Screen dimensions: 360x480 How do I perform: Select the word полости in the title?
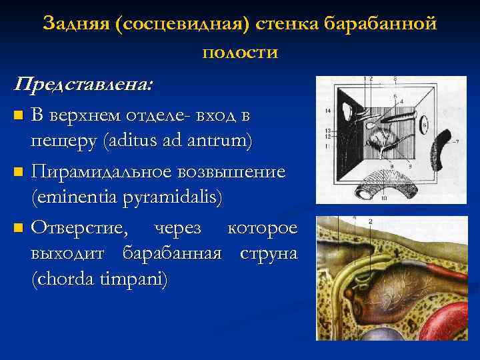pyautogui.click(x=239, y=51)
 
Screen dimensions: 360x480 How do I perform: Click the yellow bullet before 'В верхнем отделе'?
pyautogui.click(x=19, y=116)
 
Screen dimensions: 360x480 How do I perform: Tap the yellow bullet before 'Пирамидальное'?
pyautogui.click(x=19, y=173)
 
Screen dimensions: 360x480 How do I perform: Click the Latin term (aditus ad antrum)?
pyautogui.click(x=142, y=142)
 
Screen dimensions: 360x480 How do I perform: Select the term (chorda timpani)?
pyautogui.click(x=101, y=279)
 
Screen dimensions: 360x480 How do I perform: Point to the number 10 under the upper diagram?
pyautogui.click(x=383, y=199)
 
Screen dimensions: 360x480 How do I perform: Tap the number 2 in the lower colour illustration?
pyautogui.click(x=370, y=221)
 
